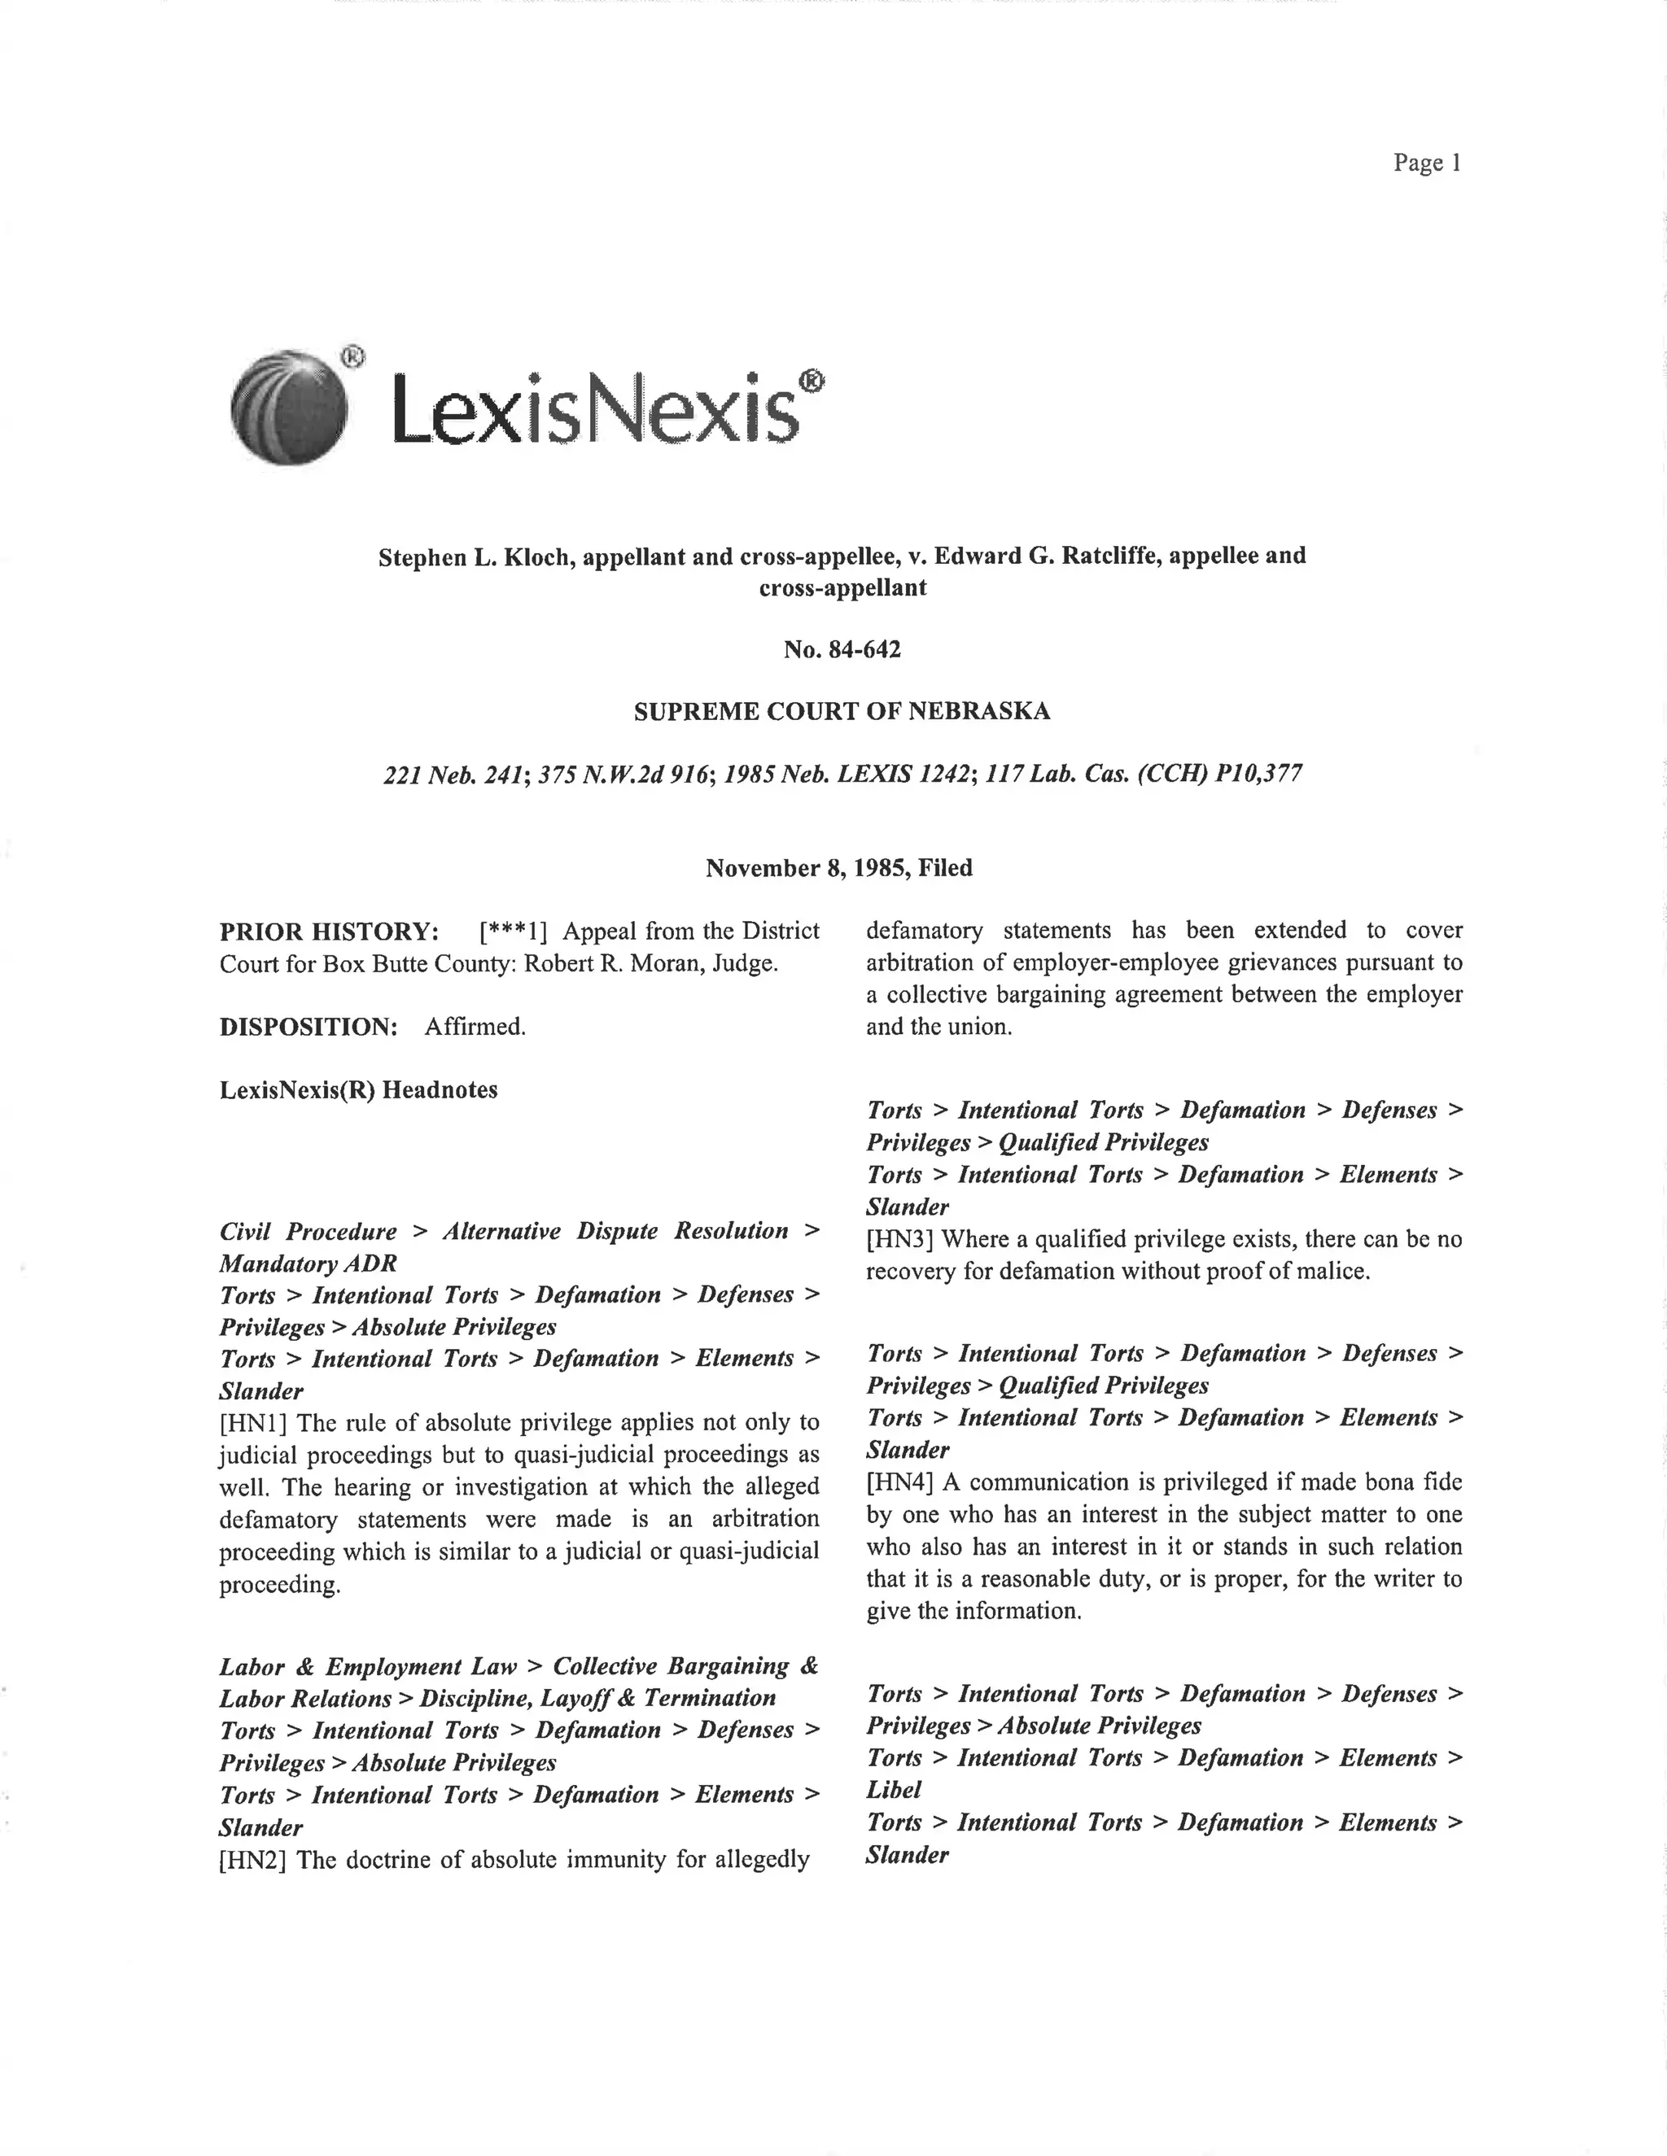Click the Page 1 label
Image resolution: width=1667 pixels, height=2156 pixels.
pyautogui.click(x=1426, y=163)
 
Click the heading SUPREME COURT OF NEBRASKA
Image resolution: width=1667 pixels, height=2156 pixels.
pyautogui.click(x=842, y=711)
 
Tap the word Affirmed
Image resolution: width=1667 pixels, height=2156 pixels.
pyautogui.click(x=475, y=1027)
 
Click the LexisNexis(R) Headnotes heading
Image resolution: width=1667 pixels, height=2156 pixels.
pyautogui.click(x=358, y=1090)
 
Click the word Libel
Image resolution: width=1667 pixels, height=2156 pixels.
pyautogui.click(x=894, y=1790)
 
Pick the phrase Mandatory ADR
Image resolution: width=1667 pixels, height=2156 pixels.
pyautogui.click(x=308, y=1263)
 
